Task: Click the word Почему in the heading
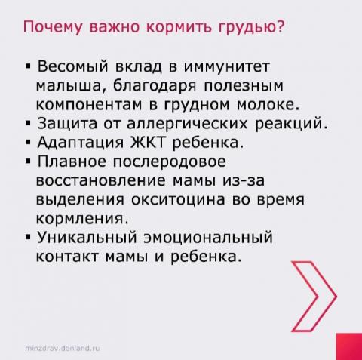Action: coord(53,27)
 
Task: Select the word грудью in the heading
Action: coord(246,27)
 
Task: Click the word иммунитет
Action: coord(227,66)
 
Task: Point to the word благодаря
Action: coord(154,85)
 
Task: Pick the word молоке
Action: coord(268,105)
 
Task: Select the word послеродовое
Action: coord(169,162)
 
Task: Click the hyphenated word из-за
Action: coord(244,180)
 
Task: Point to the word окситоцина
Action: coord(178,200)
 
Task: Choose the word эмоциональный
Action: coord(208,238)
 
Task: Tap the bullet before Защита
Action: coord(28,124)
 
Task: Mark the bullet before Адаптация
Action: coord(28,143)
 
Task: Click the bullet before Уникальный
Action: coord(28,237)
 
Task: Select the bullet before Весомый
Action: coord(28,67)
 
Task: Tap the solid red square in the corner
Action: coord(349,346)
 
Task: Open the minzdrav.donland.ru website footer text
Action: coord(63,349)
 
